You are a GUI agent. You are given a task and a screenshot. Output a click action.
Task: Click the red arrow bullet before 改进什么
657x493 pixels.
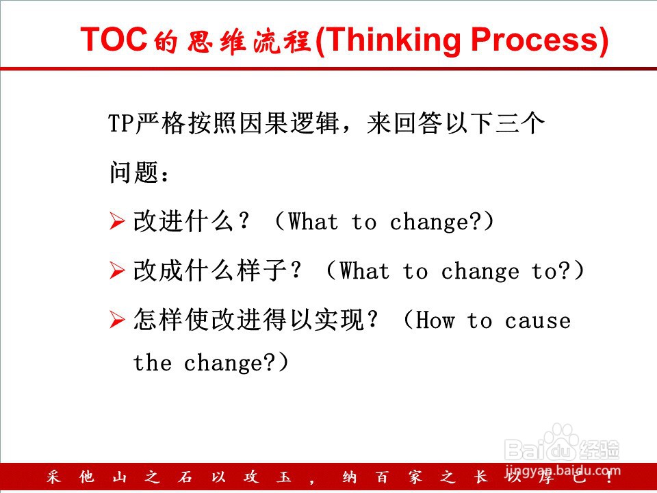pyautogui.click(x=117, y=221)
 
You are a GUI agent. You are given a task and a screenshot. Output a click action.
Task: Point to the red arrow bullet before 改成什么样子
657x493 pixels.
pyautogui.click(x=117, y=270)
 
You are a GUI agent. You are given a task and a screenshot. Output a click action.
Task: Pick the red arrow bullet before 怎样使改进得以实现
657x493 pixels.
pyautogui.click(x=117, y=320)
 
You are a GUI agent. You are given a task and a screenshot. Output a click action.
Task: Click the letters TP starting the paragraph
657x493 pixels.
pyautogui.click(x=122, y=124)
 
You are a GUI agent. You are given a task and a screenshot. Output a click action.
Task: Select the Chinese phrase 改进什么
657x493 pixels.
pyautogui.click(x=183, y=221)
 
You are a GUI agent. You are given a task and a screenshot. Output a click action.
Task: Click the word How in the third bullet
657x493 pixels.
pyautogui.click(x=435, y=320)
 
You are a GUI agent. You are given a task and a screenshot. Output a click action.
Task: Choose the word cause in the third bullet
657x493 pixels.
pyautogui.click(x=538, y=322)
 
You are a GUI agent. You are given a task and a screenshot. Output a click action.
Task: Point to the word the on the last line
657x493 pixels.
pyautogui.click(x=153, y=362)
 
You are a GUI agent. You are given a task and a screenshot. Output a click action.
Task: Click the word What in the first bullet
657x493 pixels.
pyautogui.click(x=313, y=221)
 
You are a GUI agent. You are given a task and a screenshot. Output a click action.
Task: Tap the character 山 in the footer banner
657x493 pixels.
pyautogui.click(x=119, y=477)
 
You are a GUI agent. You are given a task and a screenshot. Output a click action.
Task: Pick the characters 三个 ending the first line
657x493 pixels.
pyautogui.click(x=520, y=124)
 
